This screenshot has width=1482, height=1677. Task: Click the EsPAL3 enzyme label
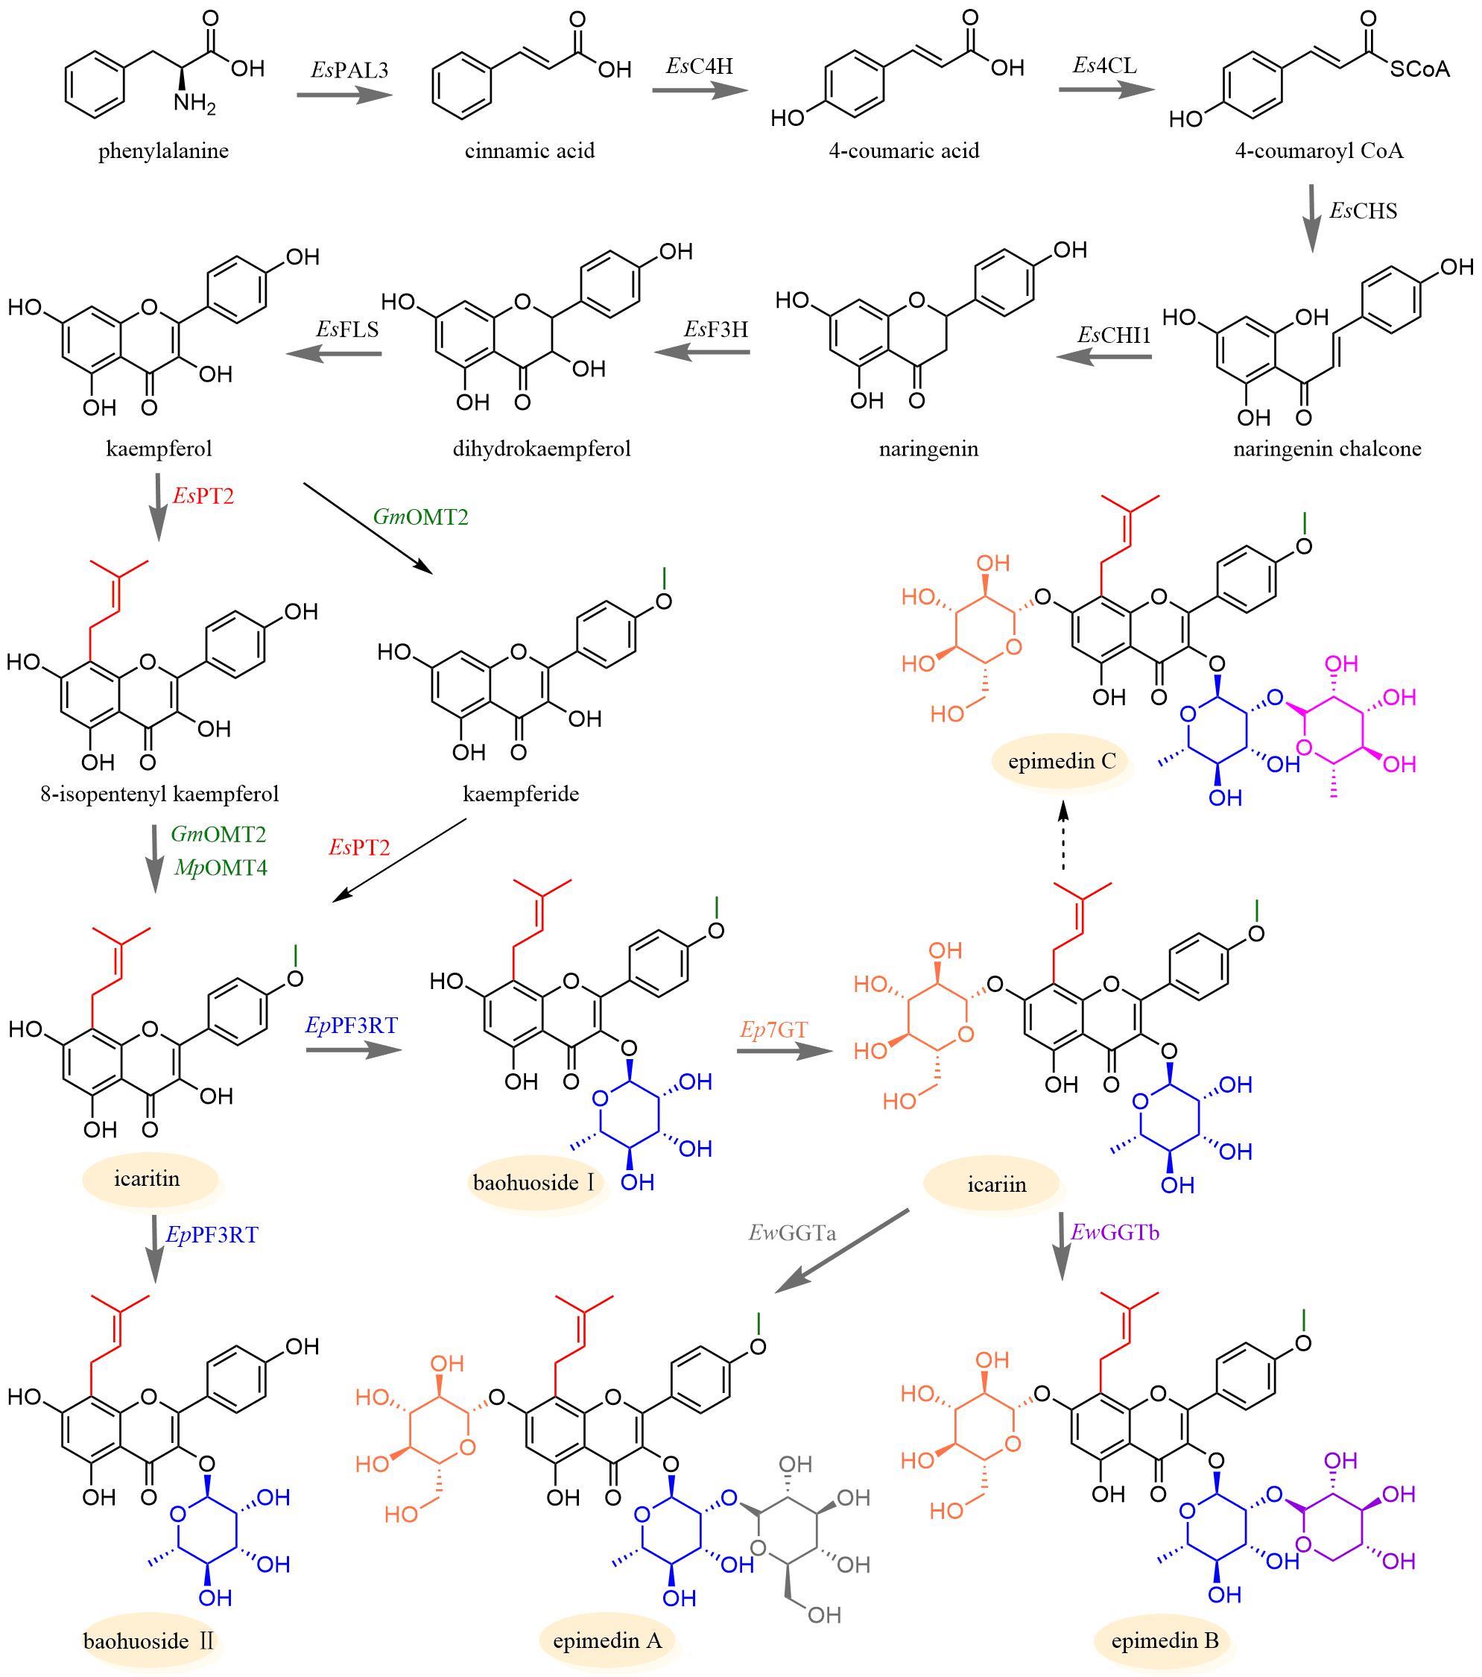(x=349, y=70)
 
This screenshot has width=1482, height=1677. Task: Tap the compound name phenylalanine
(x=163, y=152)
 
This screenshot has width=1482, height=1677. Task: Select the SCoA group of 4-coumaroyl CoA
(x=1419, y=70)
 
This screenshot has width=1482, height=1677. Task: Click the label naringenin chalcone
(x=1327, y=449)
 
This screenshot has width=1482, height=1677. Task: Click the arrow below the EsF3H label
(x=702, y=353)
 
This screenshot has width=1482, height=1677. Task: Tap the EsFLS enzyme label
(x=347, y=329)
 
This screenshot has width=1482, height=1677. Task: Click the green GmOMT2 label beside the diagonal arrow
(x=421, y=517)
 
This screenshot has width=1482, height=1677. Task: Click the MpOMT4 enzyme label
(x=221, y=868)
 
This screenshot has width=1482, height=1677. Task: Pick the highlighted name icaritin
(x=147, y=1179)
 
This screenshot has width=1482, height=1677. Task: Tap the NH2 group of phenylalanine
(x=194, y=105)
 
